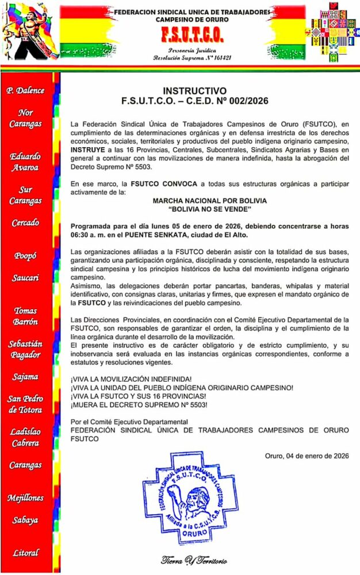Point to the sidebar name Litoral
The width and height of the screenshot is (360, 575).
coord(26,553)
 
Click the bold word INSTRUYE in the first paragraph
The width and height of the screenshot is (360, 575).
coord(87,150)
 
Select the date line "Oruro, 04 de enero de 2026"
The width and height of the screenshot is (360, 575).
coord(307,456)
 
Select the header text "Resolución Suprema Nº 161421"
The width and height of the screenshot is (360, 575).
coord(192,58)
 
